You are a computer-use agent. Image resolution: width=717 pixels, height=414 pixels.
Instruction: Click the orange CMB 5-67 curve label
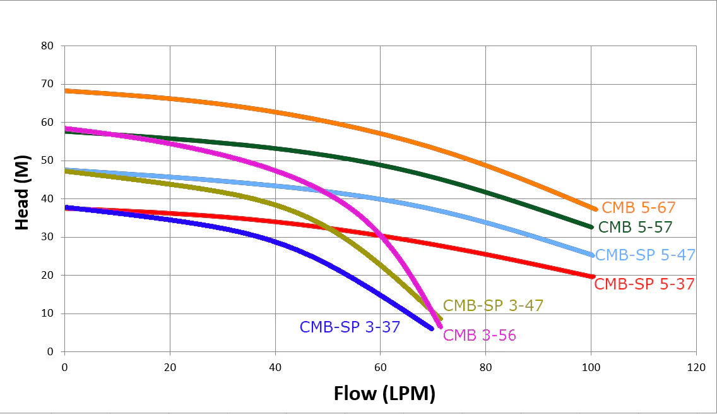tap(638, 207)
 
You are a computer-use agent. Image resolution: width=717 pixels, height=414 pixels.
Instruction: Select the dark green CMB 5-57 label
tap(635, 227)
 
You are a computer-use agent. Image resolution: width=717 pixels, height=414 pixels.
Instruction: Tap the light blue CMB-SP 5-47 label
tap(645, 255)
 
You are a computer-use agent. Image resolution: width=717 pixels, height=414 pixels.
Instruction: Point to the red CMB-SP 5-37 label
tap(644, 284)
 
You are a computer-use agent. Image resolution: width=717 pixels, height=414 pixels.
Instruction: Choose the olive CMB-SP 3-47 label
tap(493, 305)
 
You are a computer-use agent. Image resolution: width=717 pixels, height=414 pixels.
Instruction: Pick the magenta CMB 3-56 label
tap(479, 335)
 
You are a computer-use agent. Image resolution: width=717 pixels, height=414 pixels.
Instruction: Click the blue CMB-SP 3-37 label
tap(350, 327)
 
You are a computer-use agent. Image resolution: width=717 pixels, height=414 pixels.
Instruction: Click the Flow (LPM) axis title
tap(384, 393)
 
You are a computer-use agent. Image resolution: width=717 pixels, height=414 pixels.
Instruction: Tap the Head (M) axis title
tap(22, 192)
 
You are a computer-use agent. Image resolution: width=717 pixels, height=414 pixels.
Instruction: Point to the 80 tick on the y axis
tap(47, 46)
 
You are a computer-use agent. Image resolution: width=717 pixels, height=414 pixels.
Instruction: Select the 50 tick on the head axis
tap(47, 161)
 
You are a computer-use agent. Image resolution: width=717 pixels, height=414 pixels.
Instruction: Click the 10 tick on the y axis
tap(47, 314)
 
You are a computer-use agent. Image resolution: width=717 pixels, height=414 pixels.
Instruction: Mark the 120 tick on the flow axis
tap(696, 367)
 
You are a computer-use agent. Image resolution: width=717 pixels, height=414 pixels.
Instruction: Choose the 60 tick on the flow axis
tap(380, 367)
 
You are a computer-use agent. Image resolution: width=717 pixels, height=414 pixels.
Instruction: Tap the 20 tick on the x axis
tap(170, 367)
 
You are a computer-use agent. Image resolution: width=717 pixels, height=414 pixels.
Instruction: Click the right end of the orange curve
tap(595, 209)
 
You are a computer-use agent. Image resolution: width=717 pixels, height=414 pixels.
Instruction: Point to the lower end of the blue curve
tap(431, 329)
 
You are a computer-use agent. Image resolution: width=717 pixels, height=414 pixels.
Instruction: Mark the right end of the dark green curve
tap(591, 227)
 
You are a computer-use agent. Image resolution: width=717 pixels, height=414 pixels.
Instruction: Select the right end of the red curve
tap(593, 277)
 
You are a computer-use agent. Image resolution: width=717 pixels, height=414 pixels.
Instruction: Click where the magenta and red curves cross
tap(381, 236)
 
